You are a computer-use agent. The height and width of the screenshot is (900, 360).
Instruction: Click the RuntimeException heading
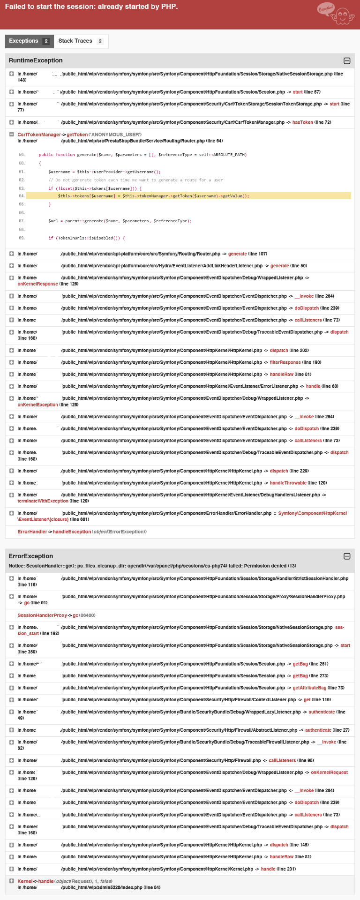[x=36, y=60]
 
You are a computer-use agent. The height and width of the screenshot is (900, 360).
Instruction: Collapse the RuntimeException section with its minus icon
[x=347, y=60]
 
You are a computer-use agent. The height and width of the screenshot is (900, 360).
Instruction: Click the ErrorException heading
[x=31, y=556]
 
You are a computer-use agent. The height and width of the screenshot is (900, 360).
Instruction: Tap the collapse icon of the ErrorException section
[x=347, y=556]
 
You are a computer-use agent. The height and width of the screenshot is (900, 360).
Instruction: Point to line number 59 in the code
[x=22, y=155]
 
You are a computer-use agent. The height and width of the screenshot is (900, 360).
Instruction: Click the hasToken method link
[x=302, y=122]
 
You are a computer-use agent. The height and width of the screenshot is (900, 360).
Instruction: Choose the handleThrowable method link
[x=288, y=483]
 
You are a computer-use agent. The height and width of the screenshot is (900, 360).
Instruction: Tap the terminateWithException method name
[x=43, y=501]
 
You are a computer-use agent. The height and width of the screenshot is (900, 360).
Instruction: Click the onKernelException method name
[x=37, y=405]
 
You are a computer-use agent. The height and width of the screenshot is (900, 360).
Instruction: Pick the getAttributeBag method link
[x=309, y=688]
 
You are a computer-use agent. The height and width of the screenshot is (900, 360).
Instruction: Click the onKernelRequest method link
[x=329, y=772]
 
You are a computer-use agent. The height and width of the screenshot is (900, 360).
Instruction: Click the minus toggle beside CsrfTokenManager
[x=11, y=135]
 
